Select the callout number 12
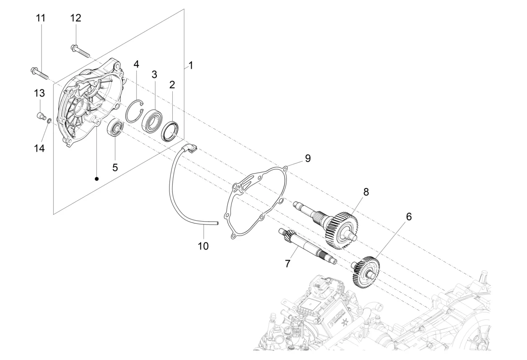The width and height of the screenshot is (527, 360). click(x=76, y=18)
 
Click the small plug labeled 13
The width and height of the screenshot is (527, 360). click(x=40, y=116)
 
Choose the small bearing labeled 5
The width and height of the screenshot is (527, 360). click(x=115, y=128)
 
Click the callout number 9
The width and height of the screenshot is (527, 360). click(x=307, y=158)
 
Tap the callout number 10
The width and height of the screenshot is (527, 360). click(x=203, y=246)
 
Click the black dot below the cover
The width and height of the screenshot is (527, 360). click(x=97, y=179)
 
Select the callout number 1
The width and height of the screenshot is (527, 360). click(x=191, y=65)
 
